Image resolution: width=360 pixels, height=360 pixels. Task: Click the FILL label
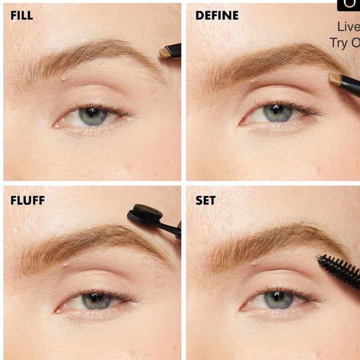(x=22, y=16)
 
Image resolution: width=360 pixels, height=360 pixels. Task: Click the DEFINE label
(x=217, y=16)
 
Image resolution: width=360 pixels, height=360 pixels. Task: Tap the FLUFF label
(x=27, y=200)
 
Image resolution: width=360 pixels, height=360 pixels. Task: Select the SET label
(x=205, y=200)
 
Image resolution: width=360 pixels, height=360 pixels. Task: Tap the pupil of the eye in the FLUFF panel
(x=95, y=299)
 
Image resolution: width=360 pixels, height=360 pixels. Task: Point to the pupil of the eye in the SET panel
(x=277, y=298)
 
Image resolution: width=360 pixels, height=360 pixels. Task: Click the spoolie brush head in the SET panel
(x=339, y=271)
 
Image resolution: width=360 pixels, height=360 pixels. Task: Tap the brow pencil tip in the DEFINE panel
(x=335, y=79)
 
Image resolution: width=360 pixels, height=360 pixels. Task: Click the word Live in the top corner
(x=348, y=27)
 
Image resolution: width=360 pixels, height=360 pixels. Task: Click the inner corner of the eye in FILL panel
(x=57, y=124)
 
